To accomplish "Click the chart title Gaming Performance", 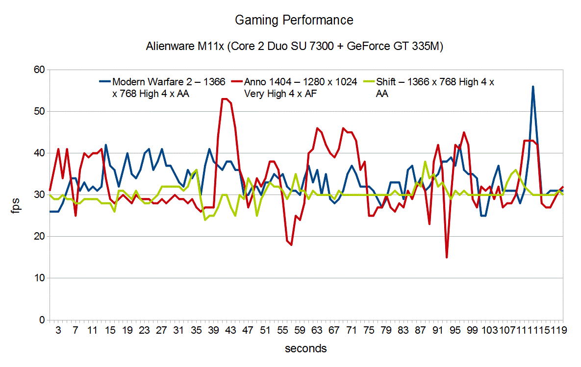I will click(294, 20).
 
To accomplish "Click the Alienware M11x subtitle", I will click(294, 47).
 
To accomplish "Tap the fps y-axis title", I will click(16, 195).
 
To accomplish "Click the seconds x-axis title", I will click(305, 348).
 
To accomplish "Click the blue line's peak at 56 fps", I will click(533, 87).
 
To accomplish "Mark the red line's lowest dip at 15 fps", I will click(447, 257).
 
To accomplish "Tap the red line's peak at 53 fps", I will click(225, 99).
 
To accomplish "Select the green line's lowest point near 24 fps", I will click(205, 220).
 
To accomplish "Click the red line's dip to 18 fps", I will click(291, 245).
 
